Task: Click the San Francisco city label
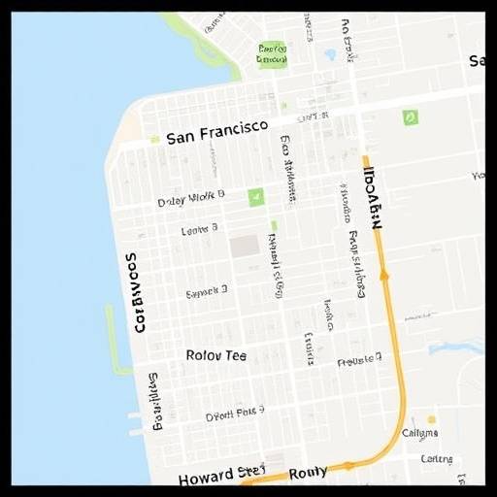(x=217, y=137)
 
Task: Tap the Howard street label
(x=221, y=476)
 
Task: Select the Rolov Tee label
(x=215, y=355)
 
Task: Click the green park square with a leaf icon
(x=410, y=117)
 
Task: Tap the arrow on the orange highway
(x=383, y=275)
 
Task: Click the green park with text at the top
(x=273, y=53)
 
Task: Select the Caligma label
(x=419, y=433)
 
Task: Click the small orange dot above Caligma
(x=431, y=419)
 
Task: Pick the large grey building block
(x=245, y=246)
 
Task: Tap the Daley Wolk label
(x=191, y=199)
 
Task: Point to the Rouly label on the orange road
(x=309, y=473)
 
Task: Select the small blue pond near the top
(x=330, y=55)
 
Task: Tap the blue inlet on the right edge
(x=456, y=347)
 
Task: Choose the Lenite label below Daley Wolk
(x=200, y=230)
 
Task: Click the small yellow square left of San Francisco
(x=153, y=140)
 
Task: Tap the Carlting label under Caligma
(x=436, y=458)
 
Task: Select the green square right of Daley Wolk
(x=255, y=197)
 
